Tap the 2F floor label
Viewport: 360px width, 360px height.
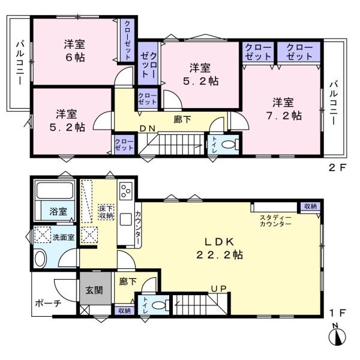[337, 167]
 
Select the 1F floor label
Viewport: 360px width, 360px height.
[337, 313]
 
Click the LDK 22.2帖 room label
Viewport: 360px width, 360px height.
[220, 248]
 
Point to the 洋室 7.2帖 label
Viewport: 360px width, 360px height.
[284, 109]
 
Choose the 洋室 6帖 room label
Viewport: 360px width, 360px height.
[75, 50]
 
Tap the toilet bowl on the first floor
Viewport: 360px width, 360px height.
[158, 305]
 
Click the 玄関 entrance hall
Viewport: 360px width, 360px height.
[95, 289]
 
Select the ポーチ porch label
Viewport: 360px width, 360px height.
[48, 304]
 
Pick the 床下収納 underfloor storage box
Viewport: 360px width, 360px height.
[106, 212]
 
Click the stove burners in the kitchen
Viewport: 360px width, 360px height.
[126, 191]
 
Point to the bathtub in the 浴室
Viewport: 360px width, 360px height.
[55, 190]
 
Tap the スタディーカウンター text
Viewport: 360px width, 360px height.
[275, 221]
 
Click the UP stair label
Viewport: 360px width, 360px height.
[218, 289]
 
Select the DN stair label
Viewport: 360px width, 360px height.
[148, 129]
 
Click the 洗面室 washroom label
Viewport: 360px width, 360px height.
[64, 237]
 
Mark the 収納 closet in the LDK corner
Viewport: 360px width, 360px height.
[310, 206]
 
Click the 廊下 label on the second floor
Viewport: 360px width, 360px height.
[182, 119]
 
